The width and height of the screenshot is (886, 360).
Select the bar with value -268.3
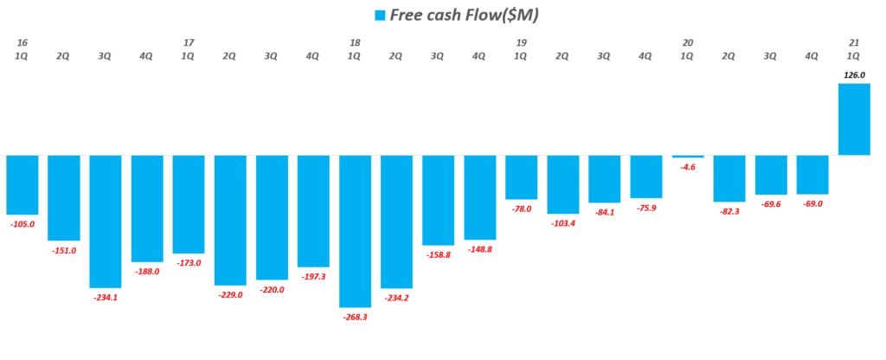[355, 231]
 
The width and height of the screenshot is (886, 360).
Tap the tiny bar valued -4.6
[687, 157]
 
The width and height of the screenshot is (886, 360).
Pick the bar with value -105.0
[22, 184]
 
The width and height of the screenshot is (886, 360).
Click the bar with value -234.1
[106, 221]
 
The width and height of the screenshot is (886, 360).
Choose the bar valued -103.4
[562, 184]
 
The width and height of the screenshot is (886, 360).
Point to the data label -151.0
[64, 251]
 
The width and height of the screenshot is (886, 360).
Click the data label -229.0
[230, 295]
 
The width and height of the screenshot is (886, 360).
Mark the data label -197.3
[313, 277]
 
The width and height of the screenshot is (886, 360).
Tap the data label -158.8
[438, 255]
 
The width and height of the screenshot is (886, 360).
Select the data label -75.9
[645, 208]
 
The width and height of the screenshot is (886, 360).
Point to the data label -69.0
[812, 203]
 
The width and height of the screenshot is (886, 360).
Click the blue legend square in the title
[378, 15]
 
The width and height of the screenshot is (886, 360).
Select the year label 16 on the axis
[22, 42]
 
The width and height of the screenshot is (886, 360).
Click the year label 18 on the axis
[355, 42]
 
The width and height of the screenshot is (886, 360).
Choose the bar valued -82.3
[729, 178]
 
